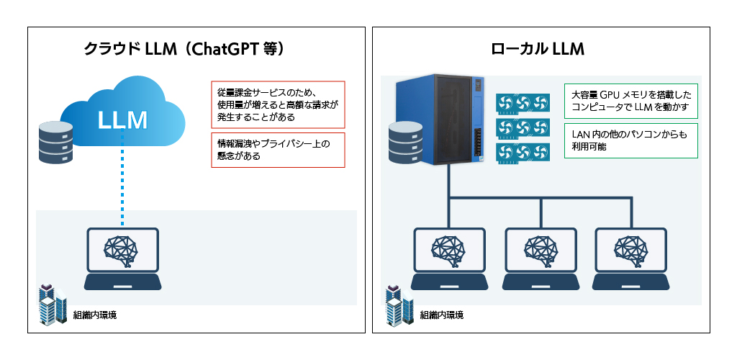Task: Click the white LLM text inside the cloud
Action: click(122, 120)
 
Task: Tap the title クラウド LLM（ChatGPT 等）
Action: click(184, 49)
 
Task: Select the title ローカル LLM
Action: click(537, 49)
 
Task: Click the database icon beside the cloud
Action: click(56, 143)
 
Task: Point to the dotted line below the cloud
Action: click(122, 179)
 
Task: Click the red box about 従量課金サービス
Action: click(278, 104)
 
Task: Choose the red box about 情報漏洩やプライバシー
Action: click(278, 150)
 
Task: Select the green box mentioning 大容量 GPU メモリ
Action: click(630, 101)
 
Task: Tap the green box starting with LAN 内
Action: click(630, 140)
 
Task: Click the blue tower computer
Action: click(440, 119)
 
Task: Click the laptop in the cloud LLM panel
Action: click(122, 259)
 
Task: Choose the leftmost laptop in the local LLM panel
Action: click(449, 259)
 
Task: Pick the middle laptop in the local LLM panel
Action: click(541, 259)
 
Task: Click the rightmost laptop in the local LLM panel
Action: click(630, 259)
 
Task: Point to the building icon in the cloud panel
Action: click(53, 304)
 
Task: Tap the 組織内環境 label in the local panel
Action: click(441, 315)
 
